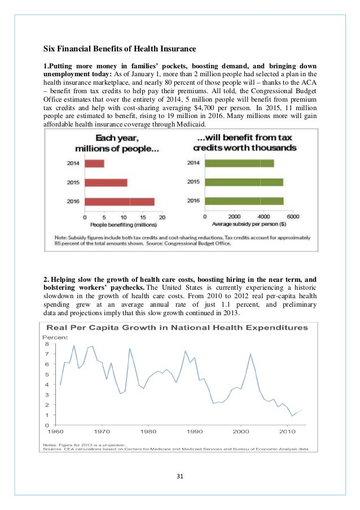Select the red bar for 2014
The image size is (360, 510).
point(95,163)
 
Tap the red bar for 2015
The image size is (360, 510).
point(106,182)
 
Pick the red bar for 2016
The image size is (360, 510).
point(120,202)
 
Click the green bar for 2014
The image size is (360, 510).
point(239,163)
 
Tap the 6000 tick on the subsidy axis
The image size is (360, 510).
point(292,216)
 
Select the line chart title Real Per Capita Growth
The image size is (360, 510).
point(177,327)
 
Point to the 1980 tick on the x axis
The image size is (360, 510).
point(148,432)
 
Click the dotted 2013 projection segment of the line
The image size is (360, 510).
point(300,411)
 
